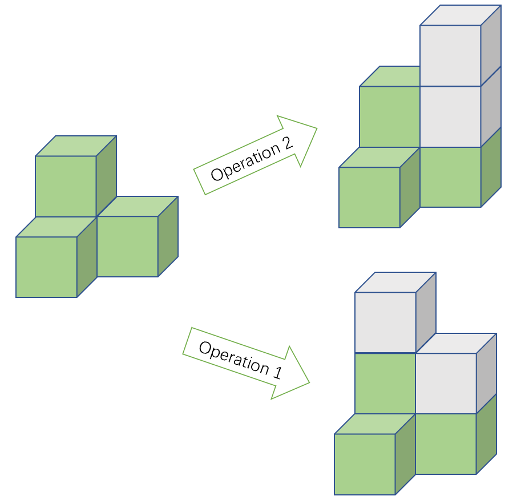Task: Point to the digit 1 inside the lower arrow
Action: coord(278,373)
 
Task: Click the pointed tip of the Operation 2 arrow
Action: coord(316,128)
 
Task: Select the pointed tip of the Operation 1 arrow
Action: coord(309,382)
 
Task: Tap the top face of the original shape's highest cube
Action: coord(76,146)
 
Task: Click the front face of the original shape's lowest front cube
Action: coord(46,267)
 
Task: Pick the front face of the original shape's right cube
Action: coord(127,246)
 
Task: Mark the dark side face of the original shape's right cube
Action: coord(168,236)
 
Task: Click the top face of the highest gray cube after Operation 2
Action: coord(461,15)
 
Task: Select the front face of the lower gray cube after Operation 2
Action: coord(450,116)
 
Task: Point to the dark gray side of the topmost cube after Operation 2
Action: coord(491,45)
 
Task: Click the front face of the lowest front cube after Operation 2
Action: coord(369,197)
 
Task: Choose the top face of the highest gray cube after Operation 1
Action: coord(395,282)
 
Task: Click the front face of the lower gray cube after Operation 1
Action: coord(446,383)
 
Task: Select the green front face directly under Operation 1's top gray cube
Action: coord(385,383)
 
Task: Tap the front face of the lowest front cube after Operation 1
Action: coord(365,464)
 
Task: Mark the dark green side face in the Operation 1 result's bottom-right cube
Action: coord(486,434)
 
